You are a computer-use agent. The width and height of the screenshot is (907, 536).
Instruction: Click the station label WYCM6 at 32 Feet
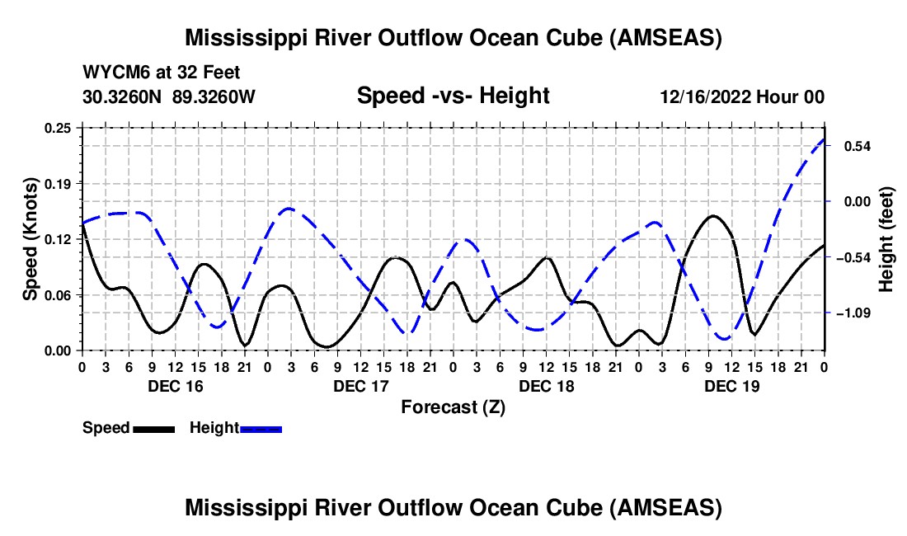tap(162, 73)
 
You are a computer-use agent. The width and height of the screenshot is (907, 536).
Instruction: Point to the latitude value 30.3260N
tap(124, 96)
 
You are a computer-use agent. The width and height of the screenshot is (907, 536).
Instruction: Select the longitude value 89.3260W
tap(214, 96)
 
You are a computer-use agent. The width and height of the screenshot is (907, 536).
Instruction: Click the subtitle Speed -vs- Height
tap(453, 96)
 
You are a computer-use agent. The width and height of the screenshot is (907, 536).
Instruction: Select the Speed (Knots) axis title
tap(31, 238)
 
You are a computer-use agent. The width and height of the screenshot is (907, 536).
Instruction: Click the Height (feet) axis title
tap(886, 239)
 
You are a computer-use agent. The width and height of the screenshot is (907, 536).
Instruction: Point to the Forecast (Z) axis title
tap(453, 407)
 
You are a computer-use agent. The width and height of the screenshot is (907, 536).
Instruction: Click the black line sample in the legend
tap(153, 429)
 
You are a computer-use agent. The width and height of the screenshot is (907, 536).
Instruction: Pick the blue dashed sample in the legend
tap(261, 429)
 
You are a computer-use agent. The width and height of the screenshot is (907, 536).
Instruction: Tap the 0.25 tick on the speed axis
tap(59, 128)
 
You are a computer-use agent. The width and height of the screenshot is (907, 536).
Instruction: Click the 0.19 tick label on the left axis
tap(59, 183)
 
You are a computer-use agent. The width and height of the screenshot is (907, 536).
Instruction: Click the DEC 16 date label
tap(175, 386)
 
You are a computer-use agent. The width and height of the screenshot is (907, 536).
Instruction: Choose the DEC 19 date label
tap(732, 386)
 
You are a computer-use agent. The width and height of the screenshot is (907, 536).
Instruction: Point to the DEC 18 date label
tap(547, 386)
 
